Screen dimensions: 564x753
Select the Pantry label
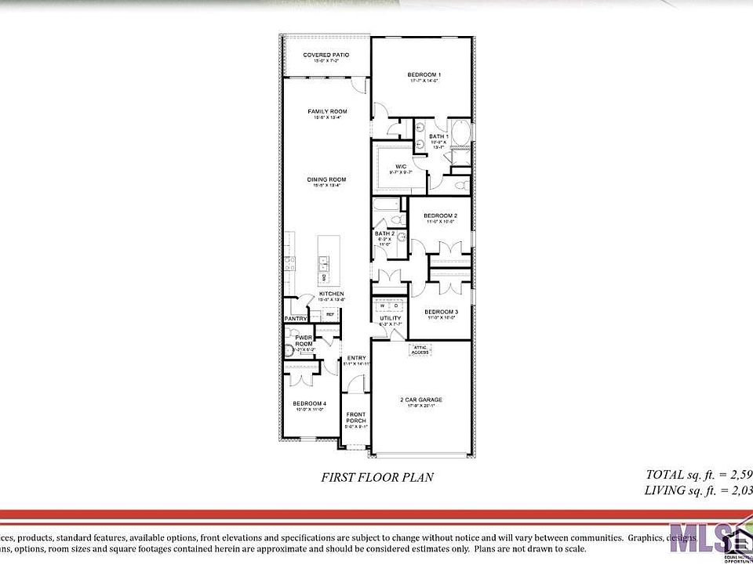(296, 319)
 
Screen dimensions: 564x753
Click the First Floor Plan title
(377, 476)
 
